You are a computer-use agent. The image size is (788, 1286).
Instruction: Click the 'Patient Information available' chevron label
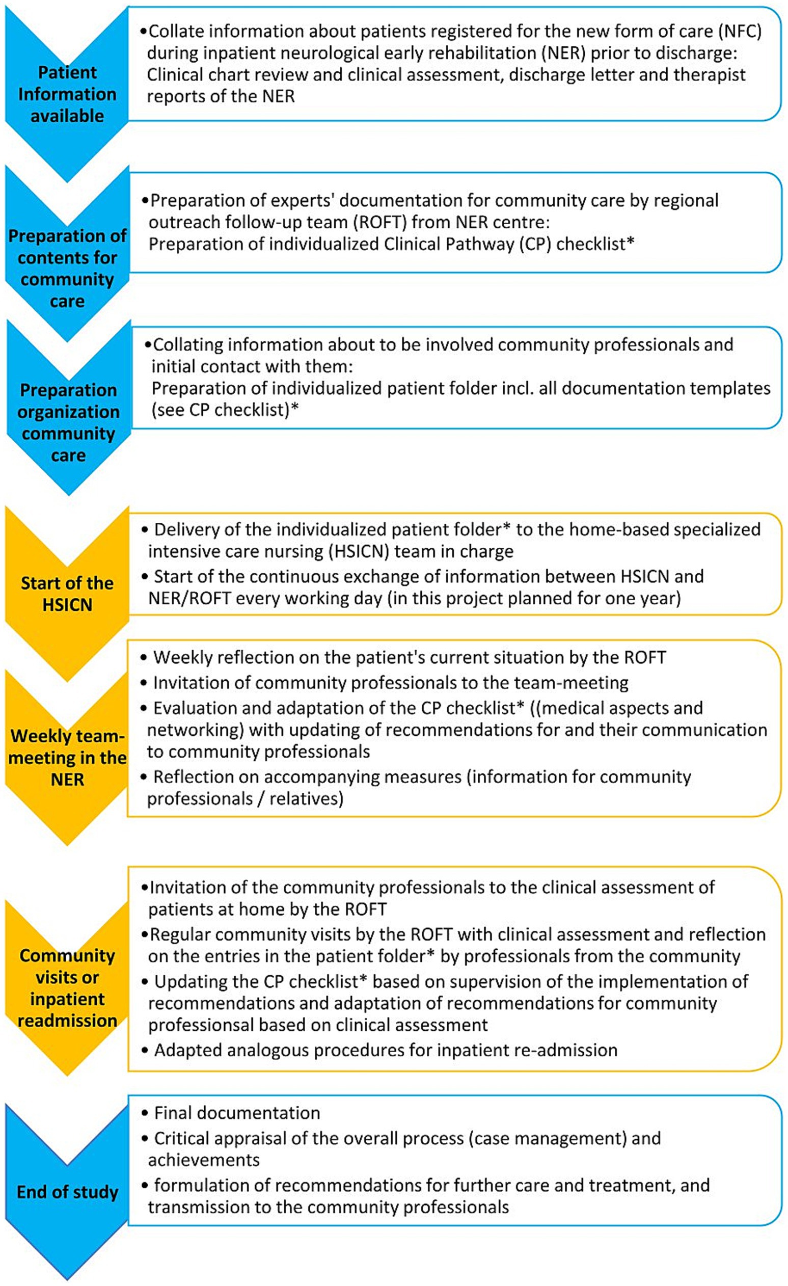pyautogui.click(x=67, y=94)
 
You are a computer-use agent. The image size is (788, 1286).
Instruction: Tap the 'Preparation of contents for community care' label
pyautogui.click(x=67, y=269)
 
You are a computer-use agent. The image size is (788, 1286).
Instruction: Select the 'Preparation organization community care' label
pyautogui.click(x=68, y=422)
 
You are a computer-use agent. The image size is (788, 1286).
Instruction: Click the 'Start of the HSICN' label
pyautogui.click(x=67, y=594)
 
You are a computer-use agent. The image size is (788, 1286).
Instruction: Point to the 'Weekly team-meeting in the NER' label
pyautogui.click(x=67, y=757)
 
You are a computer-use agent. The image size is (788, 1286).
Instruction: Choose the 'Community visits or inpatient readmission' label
pyautogui.click(x=67, y=987)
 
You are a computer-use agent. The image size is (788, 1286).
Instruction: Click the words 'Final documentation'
pyautogui.click(x=237, y=1113)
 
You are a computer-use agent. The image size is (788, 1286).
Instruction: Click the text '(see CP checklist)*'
pyautogui.click(x=226, y=410)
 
